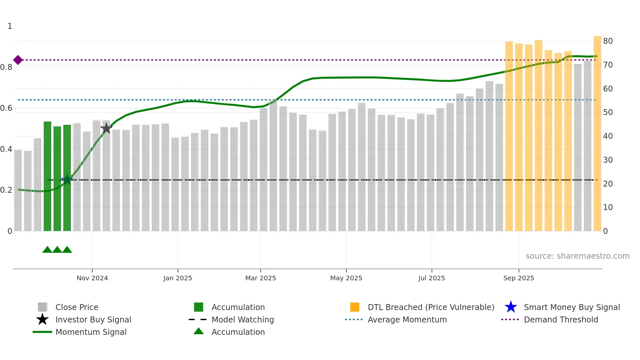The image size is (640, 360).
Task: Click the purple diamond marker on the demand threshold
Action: [18, 60]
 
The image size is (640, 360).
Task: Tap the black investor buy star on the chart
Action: [106, 128]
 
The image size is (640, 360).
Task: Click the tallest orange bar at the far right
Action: [597, 131]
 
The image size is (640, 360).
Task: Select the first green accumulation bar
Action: [47, 176]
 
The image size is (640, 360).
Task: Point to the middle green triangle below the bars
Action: [57, 250]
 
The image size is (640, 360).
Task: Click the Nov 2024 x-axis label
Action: [92, 278]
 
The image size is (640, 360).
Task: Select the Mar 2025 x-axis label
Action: [261, 278]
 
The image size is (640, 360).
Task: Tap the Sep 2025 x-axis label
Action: [519, 278]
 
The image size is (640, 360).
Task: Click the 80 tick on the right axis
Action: [608, 41]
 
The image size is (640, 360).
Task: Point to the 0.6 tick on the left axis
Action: [6, 108]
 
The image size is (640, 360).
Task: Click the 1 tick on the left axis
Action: [10, 26]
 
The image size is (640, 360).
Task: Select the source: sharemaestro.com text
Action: [577, 256]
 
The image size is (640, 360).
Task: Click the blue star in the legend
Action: [511, 307]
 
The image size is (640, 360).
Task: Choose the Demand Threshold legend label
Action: [561, 319]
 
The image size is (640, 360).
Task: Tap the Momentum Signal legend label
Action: [91, 332]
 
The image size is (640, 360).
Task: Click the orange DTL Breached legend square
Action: [355, 307]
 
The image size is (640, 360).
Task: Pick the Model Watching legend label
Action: [243, 319]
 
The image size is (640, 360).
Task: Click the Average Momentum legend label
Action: [407, 319]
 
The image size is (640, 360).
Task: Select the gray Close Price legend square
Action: [42, 307]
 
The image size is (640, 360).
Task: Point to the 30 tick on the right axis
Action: [608, 160]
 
